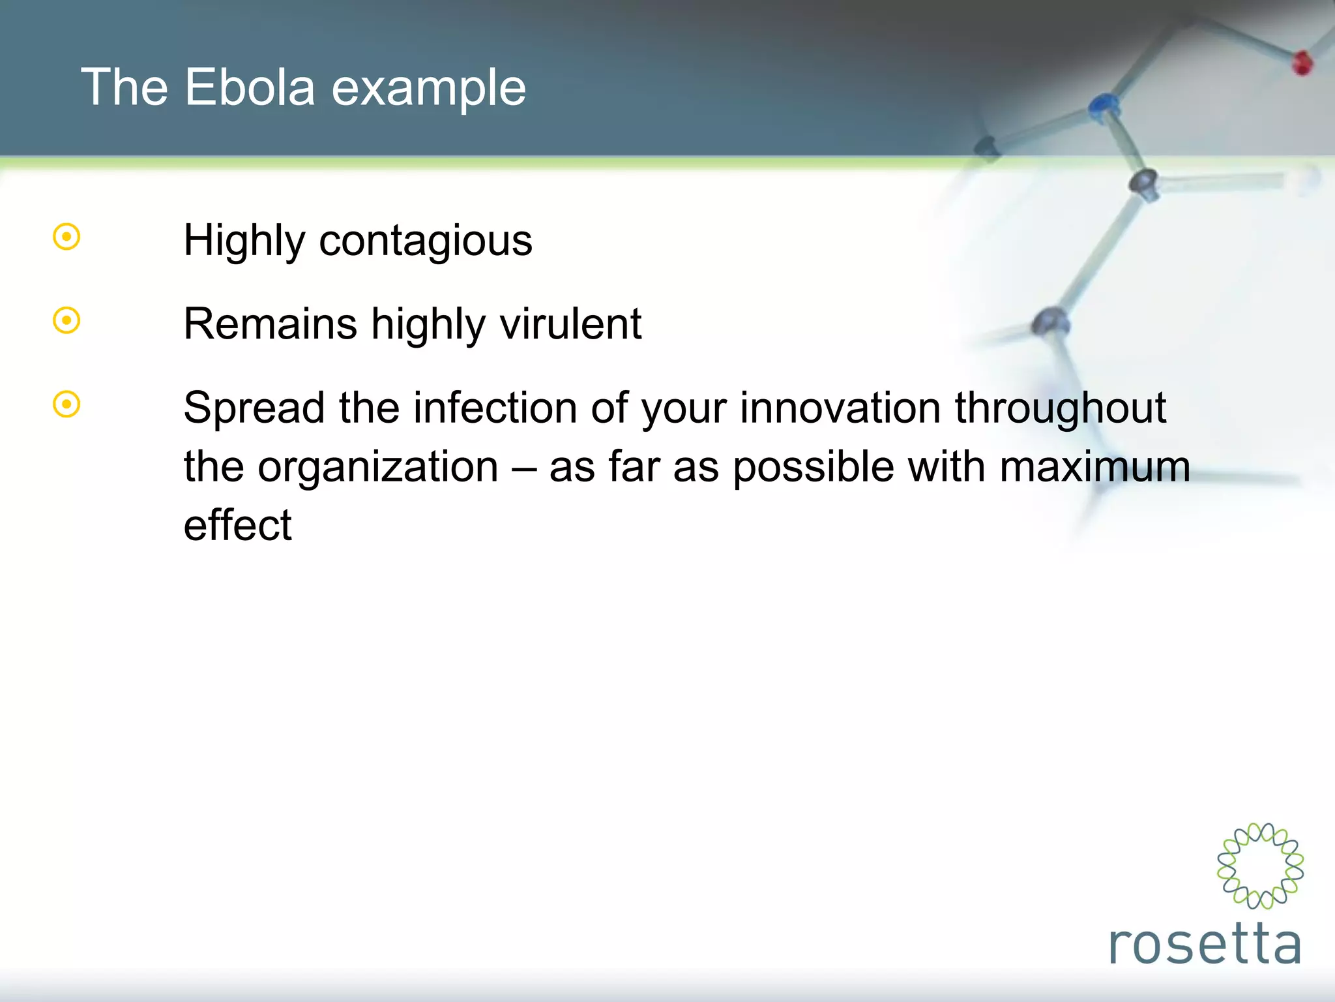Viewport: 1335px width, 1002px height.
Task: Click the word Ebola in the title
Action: (x=250, y=87)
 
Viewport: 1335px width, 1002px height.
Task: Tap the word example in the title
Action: (x=428, y=89)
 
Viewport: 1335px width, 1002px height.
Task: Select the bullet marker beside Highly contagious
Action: (x=66, y=237)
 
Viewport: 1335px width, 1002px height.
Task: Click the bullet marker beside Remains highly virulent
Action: (x=66, y=320)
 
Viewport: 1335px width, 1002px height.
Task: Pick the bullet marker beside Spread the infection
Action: (x=66, y=404)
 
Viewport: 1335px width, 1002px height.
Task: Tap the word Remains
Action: (x=270, y=324)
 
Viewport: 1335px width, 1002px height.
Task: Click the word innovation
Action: (x=840, y=408)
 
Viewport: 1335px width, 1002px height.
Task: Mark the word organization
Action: (x=377, y=468)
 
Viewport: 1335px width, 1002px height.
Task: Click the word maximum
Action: (x=1094, y=468)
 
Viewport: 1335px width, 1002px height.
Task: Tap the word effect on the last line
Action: (x=237, y=525)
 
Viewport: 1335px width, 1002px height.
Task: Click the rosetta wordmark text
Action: (x=1205, y=945)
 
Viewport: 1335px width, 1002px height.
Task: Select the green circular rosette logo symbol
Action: (x=1260, y=866)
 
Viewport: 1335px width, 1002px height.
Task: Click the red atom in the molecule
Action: (x=1302, y=63)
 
